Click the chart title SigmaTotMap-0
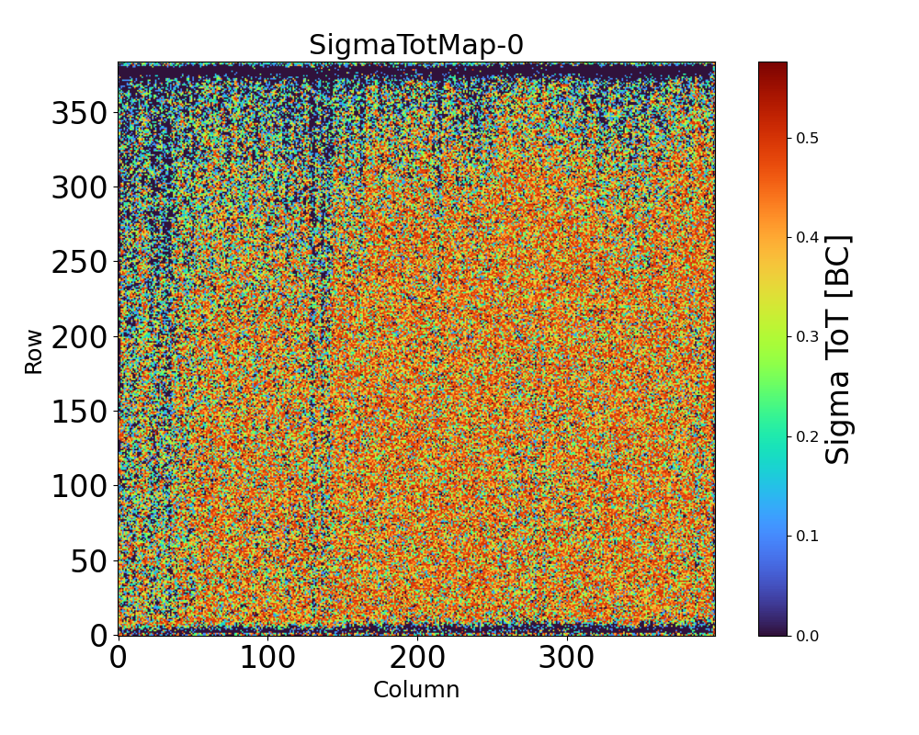point(415,45)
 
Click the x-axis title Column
point(415,690)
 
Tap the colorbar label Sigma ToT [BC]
point(838,349)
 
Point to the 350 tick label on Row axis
point(80,113)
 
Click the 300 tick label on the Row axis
point(80,187)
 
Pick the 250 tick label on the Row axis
point(80,262)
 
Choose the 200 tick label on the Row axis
point(80,337)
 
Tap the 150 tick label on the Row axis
point(80,412)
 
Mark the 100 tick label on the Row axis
point(80,486)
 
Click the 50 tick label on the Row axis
point(89,561)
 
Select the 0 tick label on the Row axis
point(98,636)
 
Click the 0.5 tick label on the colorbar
point(807,138)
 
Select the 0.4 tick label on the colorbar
point(807,237)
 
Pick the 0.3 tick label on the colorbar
point(807,336)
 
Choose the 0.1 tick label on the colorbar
point(807,536)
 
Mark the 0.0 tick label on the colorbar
point(807,636)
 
